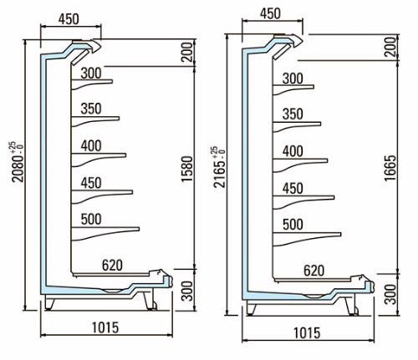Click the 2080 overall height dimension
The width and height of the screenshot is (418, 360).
(18, 162)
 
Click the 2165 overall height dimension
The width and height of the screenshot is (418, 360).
(219, 167)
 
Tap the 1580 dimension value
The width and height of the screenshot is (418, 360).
(187, 169)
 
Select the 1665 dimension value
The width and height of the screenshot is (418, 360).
(390, 168)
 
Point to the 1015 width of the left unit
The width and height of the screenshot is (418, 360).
(105, 327)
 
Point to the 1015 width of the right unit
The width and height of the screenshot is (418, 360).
(307, 333)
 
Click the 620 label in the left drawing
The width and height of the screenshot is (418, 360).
(112, 266)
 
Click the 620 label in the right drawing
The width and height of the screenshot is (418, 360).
(314, 271)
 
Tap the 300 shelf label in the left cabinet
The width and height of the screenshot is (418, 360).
(91, 74)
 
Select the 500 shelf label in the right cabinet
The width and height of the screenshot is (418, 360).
(293, 225)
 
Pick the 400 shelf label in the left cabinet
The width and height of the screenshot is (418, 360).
(91, 146)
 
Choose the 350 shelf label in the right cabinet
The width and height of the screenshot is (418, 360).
(293, 114)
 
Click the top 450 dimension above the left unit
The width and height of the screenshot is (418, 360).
(69, 19)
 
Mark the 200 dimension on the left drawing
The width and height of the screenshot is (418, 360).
(187, 52)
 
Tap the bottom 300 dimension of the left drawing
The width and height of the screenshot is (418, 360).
(187, 291)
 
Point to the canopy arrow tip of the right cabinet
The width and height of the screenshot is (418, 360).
(303, 41)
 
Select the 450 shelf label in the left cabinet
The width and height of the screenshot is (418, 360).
(91, 183)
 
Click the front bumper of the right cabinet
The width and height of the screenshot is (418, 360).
(370, 287)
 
